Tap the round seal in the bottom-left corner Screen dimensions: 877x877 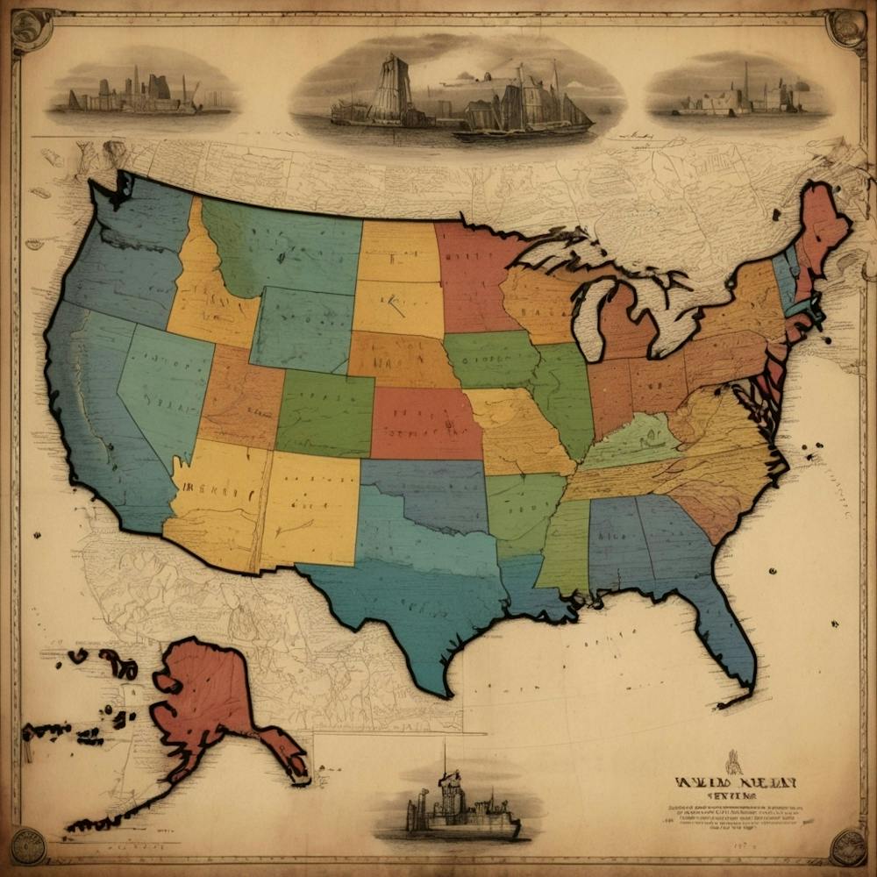tap(28, 846)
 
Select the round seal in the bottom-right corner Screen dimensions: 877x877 tap(847, 846)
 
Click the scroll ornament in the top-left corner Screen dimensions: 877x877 tap(31, 31)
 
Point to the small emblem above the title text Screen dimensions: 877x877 tap(733, 761)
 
